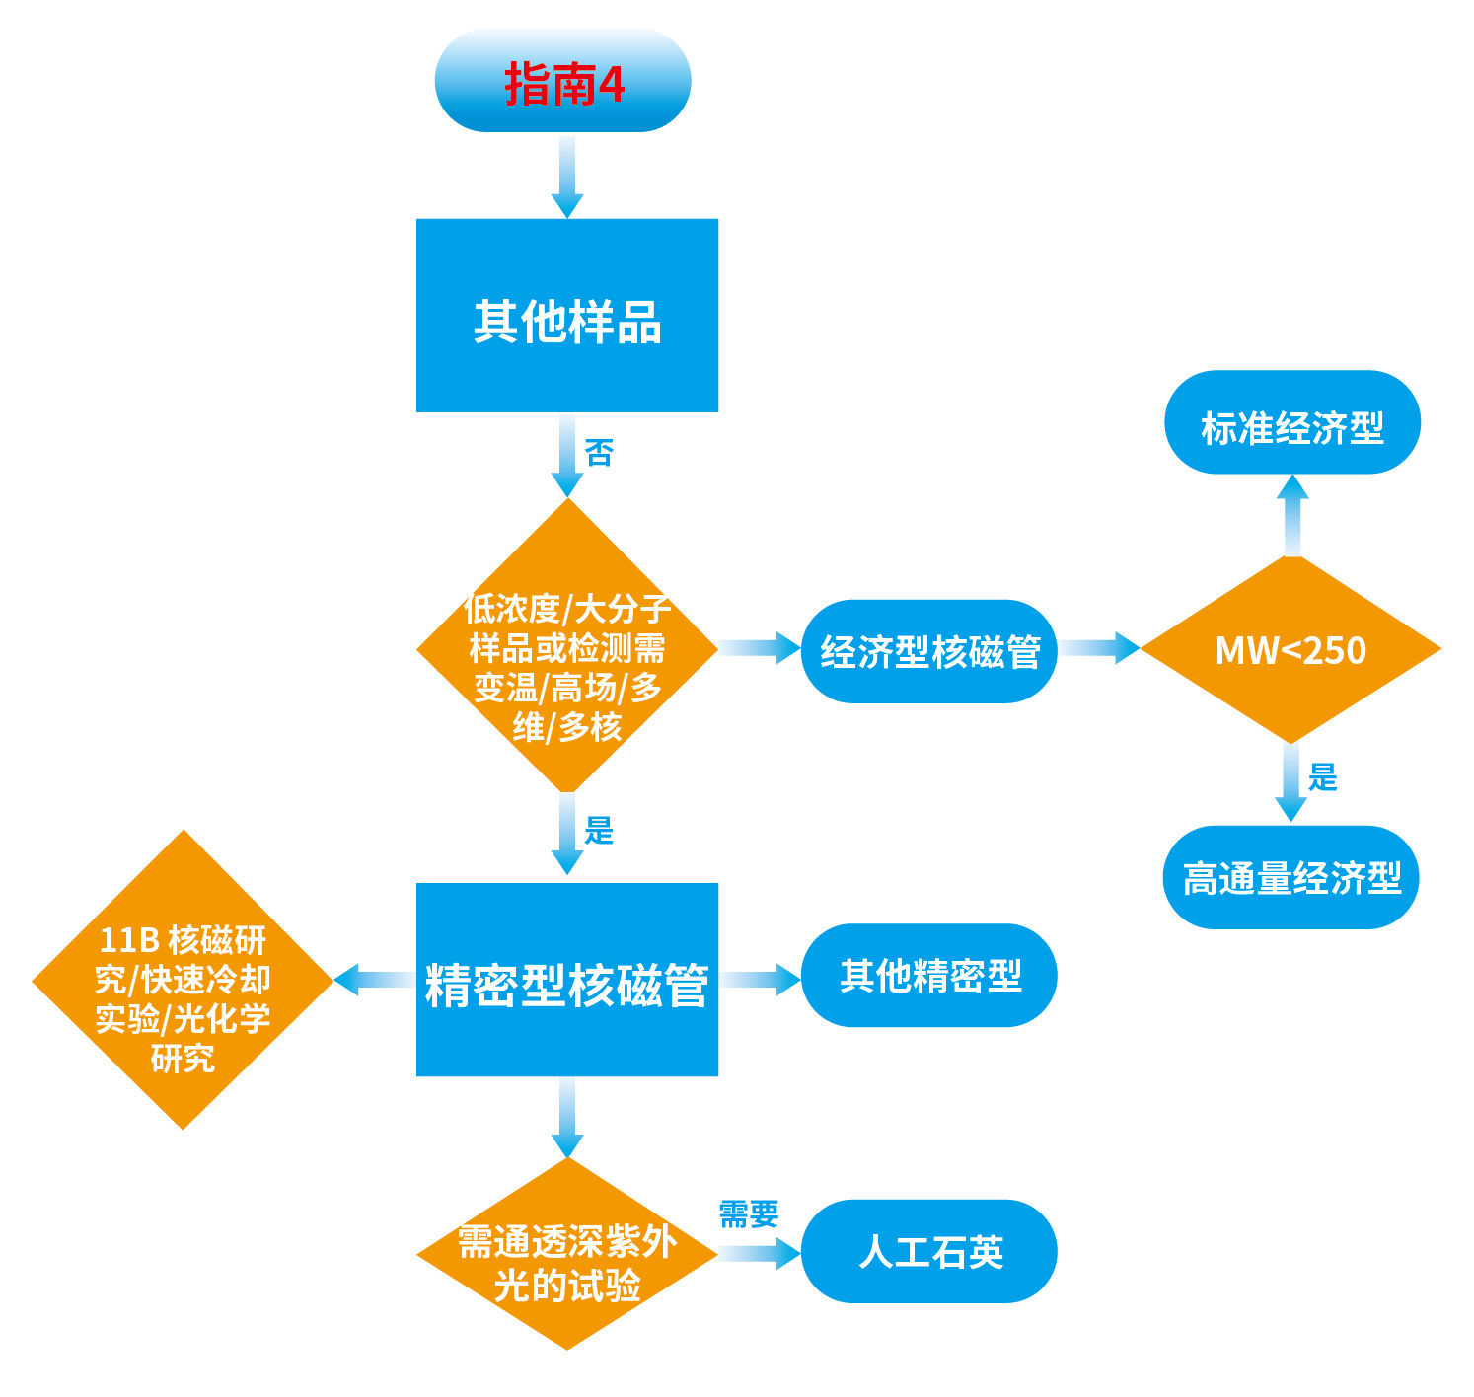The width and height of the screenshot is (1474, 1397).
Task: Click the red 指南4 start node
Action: click(x=562, y=82)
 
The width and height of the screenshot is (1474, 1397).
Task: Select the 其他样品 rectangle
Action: click(x=566, y=316)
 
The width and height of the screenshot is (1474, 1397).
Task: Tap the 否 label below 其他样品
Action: click(x=599, y=453)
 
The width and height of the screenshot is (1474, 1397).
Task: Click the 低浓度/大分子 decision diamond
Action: click(x=566, y=647)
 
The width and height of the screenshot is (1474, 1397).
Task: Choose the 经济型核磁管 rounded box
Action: click(x=928, y=651)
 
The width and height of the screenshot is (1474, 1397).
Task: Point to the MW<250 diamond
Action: click(x=1290, y=650)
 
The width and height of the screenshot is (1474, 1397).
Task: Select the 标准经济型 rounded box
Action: click(x=1291, y=424)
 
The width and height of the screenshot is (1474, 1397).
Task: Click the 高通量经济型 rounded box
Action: click(x=1291, y=877)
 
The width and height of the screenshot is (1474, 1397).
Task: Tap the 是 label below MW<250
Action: click(x=1322, y=777)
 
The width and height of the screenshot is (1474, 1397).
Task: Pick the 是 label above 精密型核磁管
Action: click(x=599, y=830)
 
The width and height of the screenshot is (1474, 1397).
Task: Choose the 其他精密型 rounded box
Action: click(x=928, y=976)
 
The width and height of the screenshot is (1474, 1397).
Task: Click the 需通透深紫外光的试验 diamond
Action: click(x=566, y=1254)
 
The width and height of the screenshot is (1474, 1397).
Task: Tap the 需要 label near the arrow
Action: click(x=748, y=1213)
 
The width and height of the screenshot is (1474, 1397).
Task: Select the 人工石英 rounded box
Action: click(x=928, y=1252)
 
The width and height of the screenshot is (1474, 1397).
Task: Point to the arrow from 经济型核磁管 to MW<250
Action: click(x=1098, y=648)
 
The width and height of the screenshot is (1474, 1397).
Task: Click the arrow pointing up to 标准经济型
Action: click(x=1291, y=515)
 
